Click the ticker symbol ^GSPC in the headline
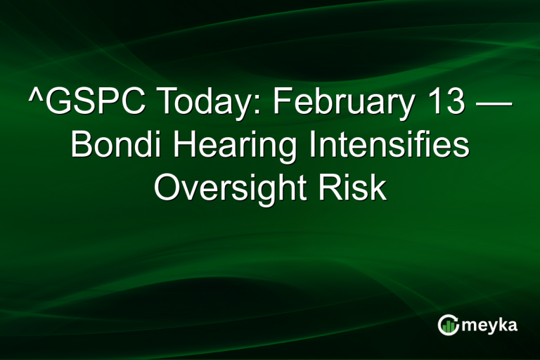[x=83, y=104]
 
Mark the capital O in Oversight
[x=166, y=188]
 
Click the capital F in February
[x=280, y=104]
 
